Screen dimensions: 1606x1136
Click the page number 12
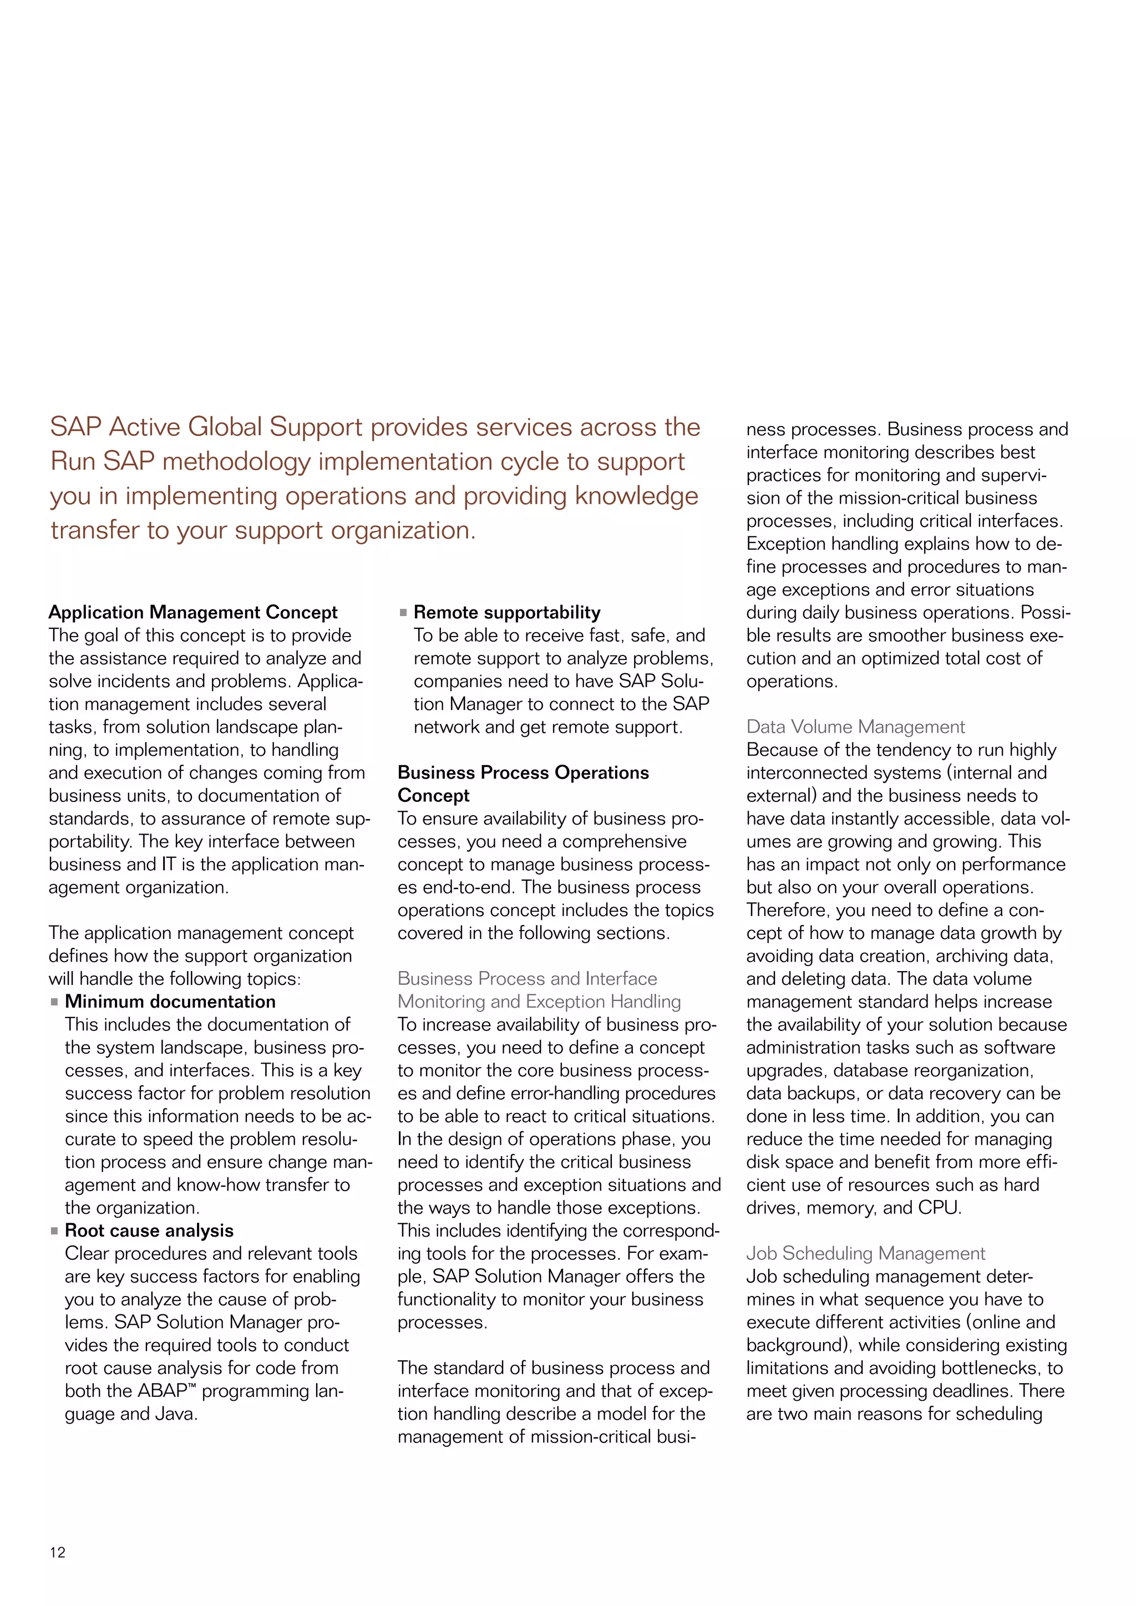pos(57,1552)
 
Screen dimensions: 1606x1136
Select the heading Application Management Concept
pos(192,612)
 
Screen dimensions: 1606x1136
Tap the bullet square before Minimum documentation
pos(54,1002)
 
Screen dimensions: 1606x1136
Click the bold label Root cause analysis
pos(149,1231)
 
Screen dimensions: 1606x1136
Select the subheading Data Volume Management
pos(855,727)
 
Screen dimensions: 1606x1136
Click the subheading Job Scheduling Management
pos(865,1253)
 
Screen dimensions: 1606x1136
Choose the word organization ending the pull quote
pos(402,530)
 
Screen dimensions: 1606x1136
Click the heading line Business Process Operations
pos(523,772)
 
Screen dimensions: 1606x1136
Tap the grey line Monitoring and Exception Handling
pos(539,1002)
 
